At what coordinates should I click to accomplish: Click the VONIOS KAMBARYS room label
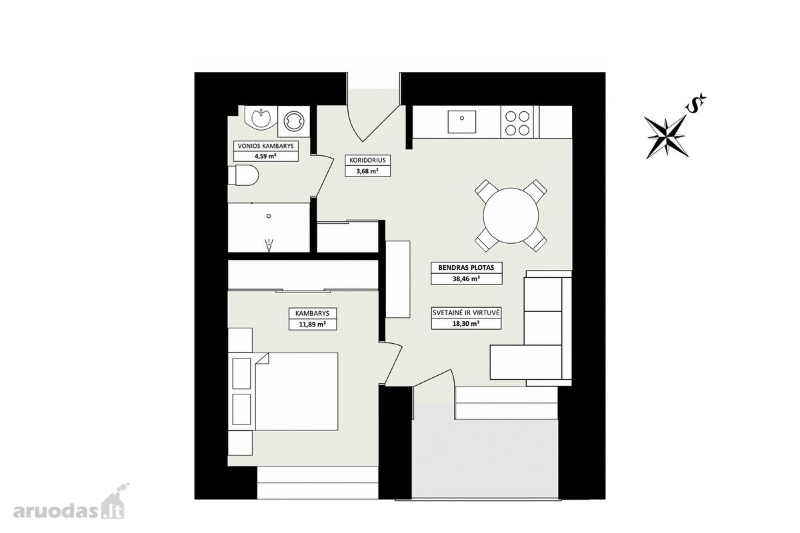(266, 146)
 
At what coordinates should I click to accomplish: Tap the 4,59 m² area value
(266, 156)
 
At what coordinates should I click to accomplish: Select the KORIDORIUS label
(367, 160)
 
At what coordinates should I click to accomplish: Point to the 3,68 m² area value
(367, 171)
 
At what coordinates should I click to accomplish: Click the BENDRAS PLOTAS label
(466, 268)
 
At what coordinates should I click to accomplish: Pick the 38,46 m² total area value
(466, 278)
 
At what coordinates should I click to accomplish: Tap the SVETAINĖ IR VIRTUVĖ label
(466, 312)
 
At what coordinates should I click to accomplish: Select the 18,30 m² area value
(466, 324)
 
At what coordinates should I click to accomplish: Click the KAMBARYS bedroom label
(313, 313)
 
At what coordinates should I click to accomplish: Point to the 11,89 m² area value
(313, 324)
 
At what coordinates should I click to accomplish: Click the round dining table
(511, 216)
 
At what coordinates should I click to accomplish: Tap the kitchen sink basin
(462, 122)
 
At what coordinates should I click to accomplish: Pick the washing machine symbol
(293, 121)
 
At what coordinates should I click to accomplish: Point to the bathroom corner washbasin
(261, 117)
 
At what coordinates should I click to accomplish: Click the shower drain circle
(269, 216)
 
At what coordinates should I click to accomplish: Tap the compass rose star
(667, 137)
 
